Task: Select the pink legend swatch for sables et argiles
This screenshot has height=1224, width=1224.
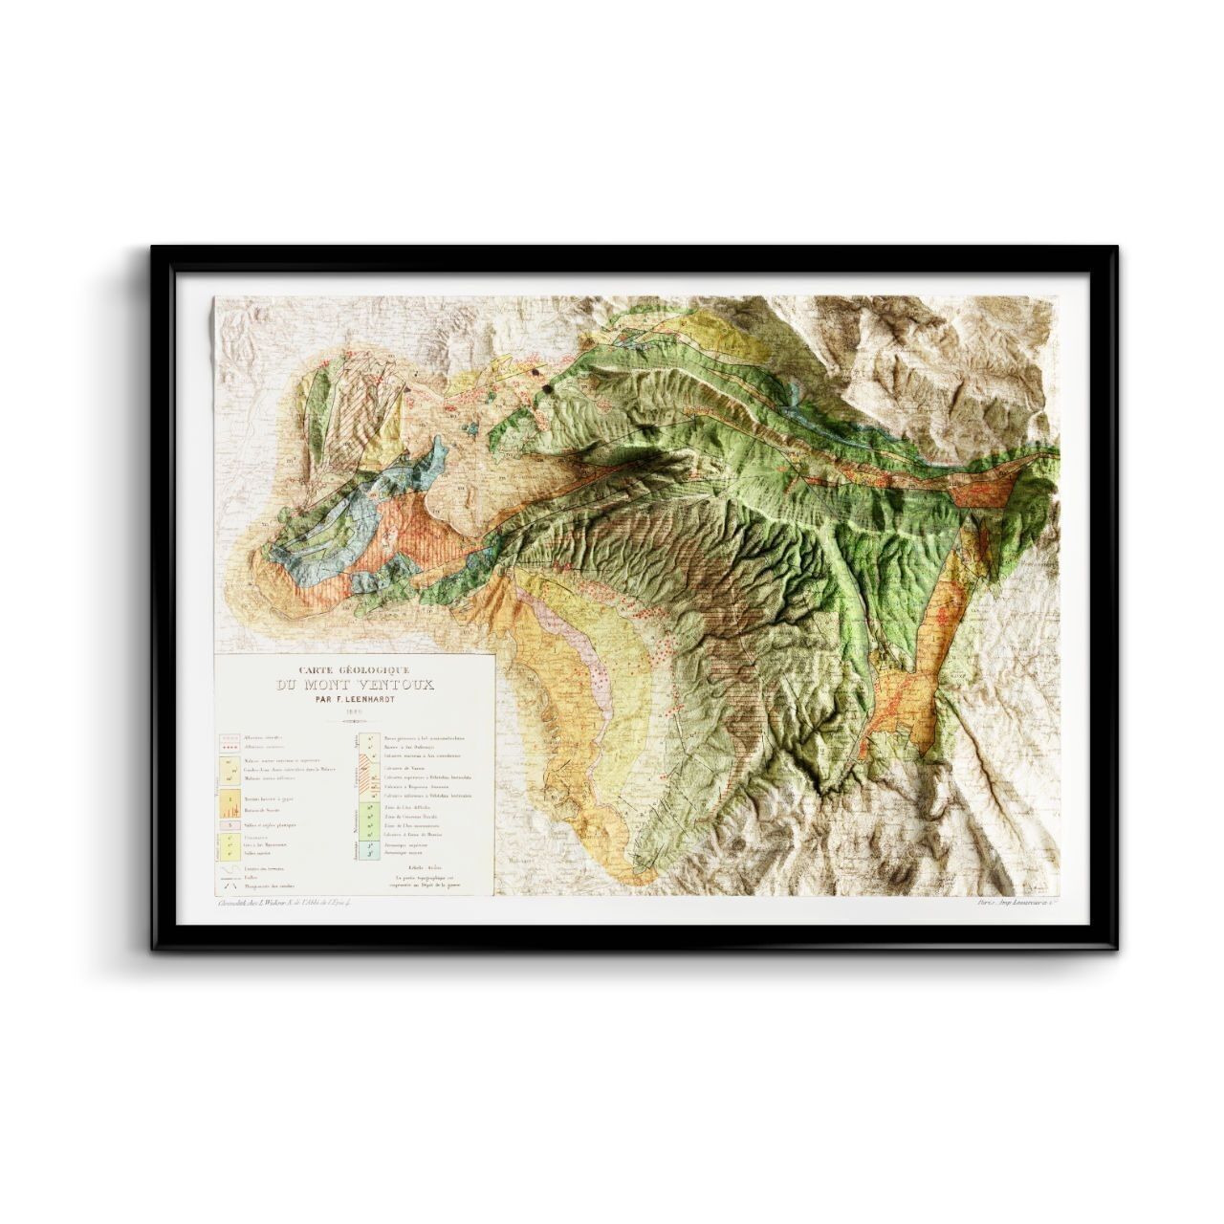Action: tap(229, 824)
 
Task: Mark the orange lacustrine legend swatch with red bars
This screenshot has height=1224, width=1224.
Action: tap(229, 799)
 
